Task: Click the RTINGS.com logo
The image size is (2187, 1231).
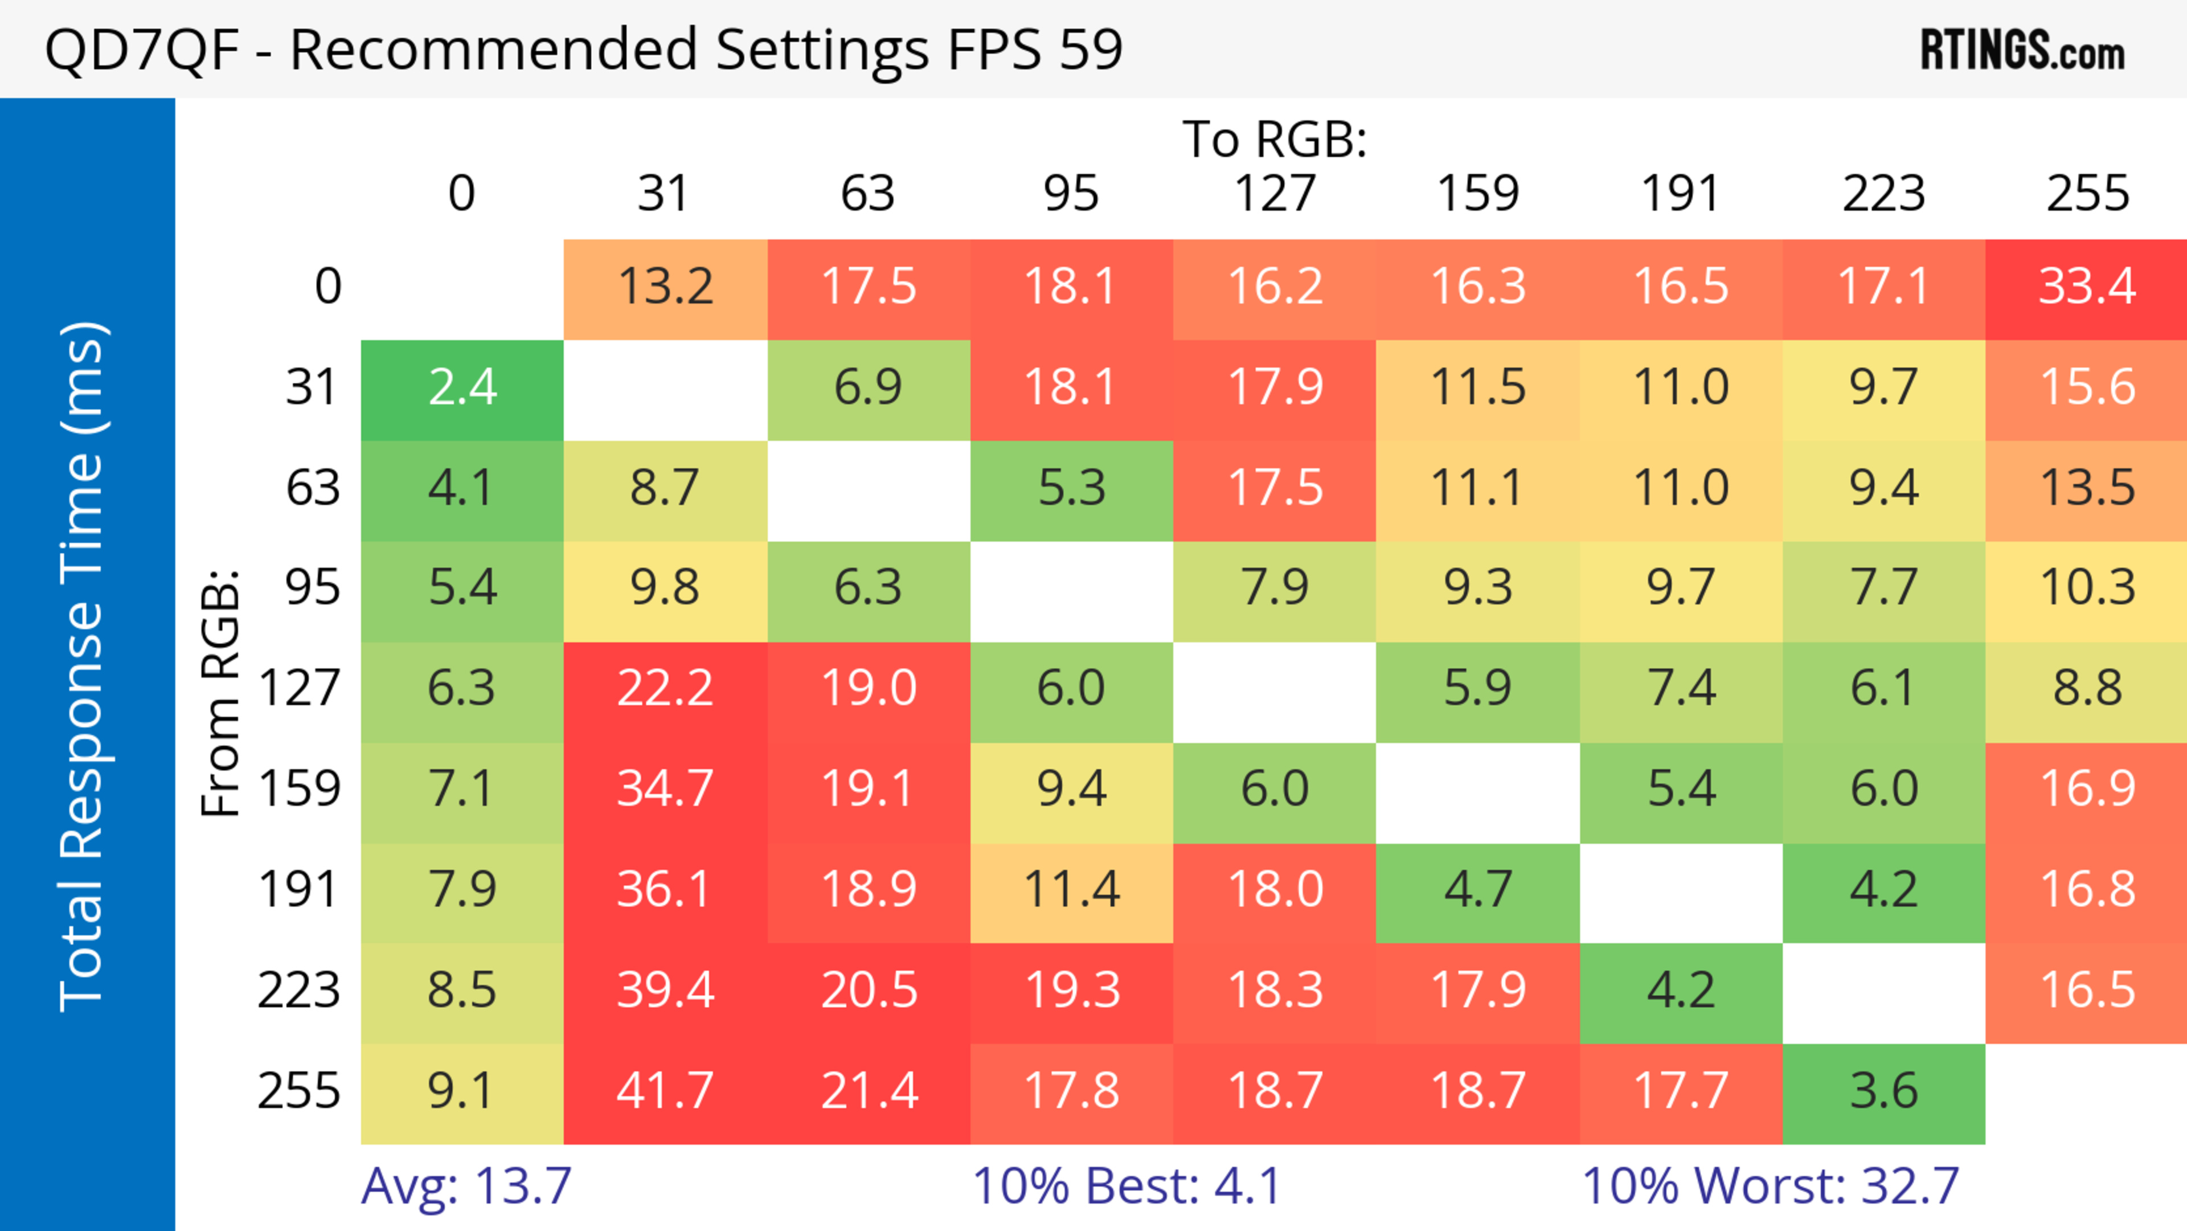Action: click(x=2022, y=50)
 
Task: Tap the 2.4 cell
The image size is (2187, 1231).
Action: click(x=462, y=387)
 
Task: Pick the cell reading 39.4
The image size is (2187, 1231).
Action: click(x=665, y=990)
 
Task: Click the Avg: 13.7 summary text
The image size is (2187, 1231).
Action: click(x=466, y=1186)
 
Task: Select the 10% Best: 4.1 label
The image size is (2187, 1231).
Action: click(x=1126, y=1186)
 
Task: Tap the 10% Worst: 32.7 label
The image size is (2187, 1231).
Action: click(x=1770, y=1186)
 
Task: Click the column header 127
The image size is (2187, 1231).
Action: click(x=1275, y=194)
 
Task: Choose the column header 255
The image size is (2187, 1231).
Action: click(x=2087, y=194)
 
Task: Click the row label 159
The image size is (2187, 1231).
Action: click(x=300, y=789)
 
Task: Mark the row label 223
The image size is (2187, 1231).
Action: click(x=300, y=990)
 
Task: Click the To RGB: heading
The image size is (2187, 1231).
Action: click(x=1275, y=139)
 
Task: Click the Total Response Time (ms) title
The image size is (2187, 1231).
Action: click(x=83, y=666)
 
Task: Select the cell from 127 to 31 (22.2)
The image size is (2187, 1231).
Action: click(x=665, y=688)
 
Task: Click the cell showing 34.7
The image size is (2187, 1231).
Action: click(x=665, y=789)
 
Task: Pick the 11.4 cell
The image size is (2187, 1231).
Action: click(x=1071, y=890)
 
